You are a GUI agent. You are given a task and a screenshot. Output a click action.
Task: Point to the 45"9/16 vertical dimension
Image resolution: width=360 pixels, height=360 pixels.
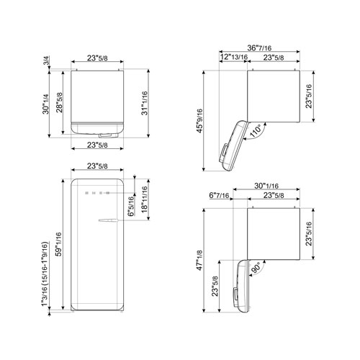click(209, 119)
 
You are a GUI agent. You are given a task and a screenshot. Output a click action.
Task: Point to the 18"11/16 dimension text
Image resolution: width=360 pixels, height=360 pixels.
click(145, 196)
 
